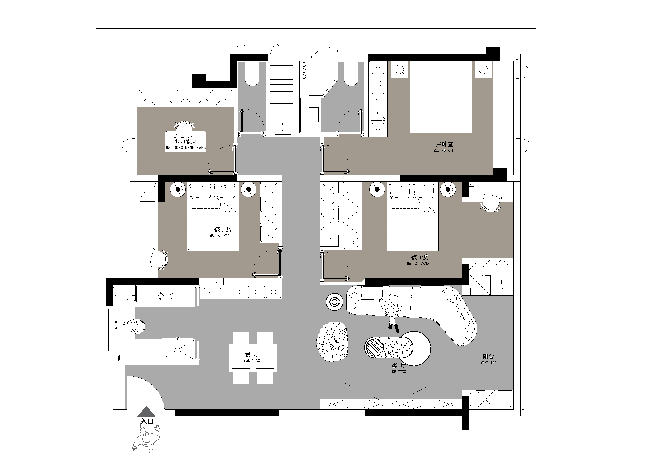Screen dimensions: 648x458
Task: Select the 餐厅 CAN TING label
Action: pyautogui.click(x=252, y=357)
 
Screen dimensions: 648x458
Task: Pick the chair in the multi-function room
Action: pyautogui.click(x=185, y=128)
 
